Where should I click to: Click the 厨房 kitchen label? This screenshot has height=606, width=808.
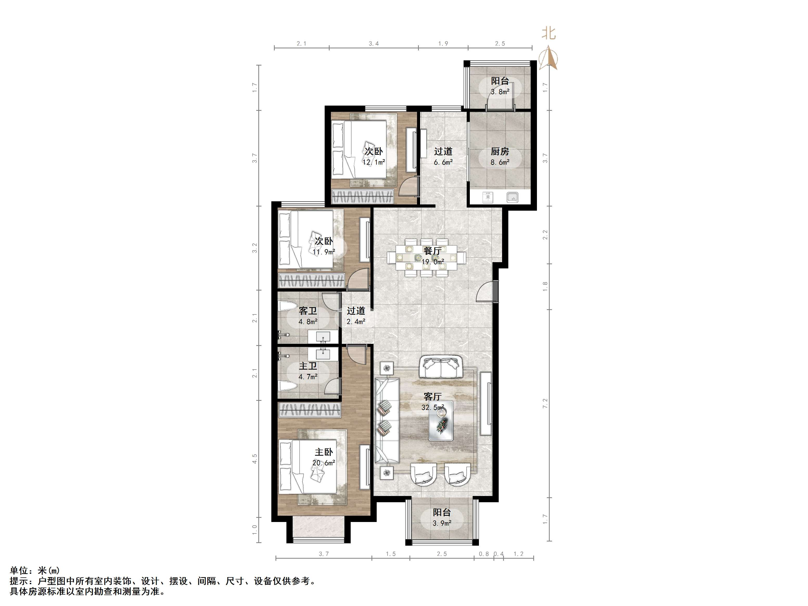tap(500, 151)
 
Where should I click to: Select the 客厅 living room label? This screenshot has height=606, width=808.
tap(433, 396)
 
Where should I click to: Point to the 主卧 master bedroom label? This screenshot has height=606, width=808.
tap(324, 452)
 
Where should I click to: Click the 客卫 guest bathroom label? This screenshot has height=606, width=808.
tap(308, 311)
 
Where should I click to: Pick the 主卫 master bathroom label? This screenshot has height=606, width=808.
tap(308, 366)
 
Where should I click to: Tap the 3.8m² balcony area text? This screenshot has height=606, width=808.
tap(500, 92)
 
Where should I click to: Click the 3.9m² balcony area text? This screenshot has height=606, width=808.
tap(442, 523)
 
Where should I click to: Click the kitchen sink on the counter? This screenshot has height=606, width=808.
tap(512, 197)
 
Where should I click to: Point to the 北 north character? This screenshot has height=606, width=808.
tap(548, 34)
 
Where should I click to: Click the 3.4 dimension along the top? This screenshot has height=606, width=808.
tap(374, 43)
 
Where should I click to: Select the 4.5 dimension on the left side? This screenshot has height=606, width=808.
tap(255, 459)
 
